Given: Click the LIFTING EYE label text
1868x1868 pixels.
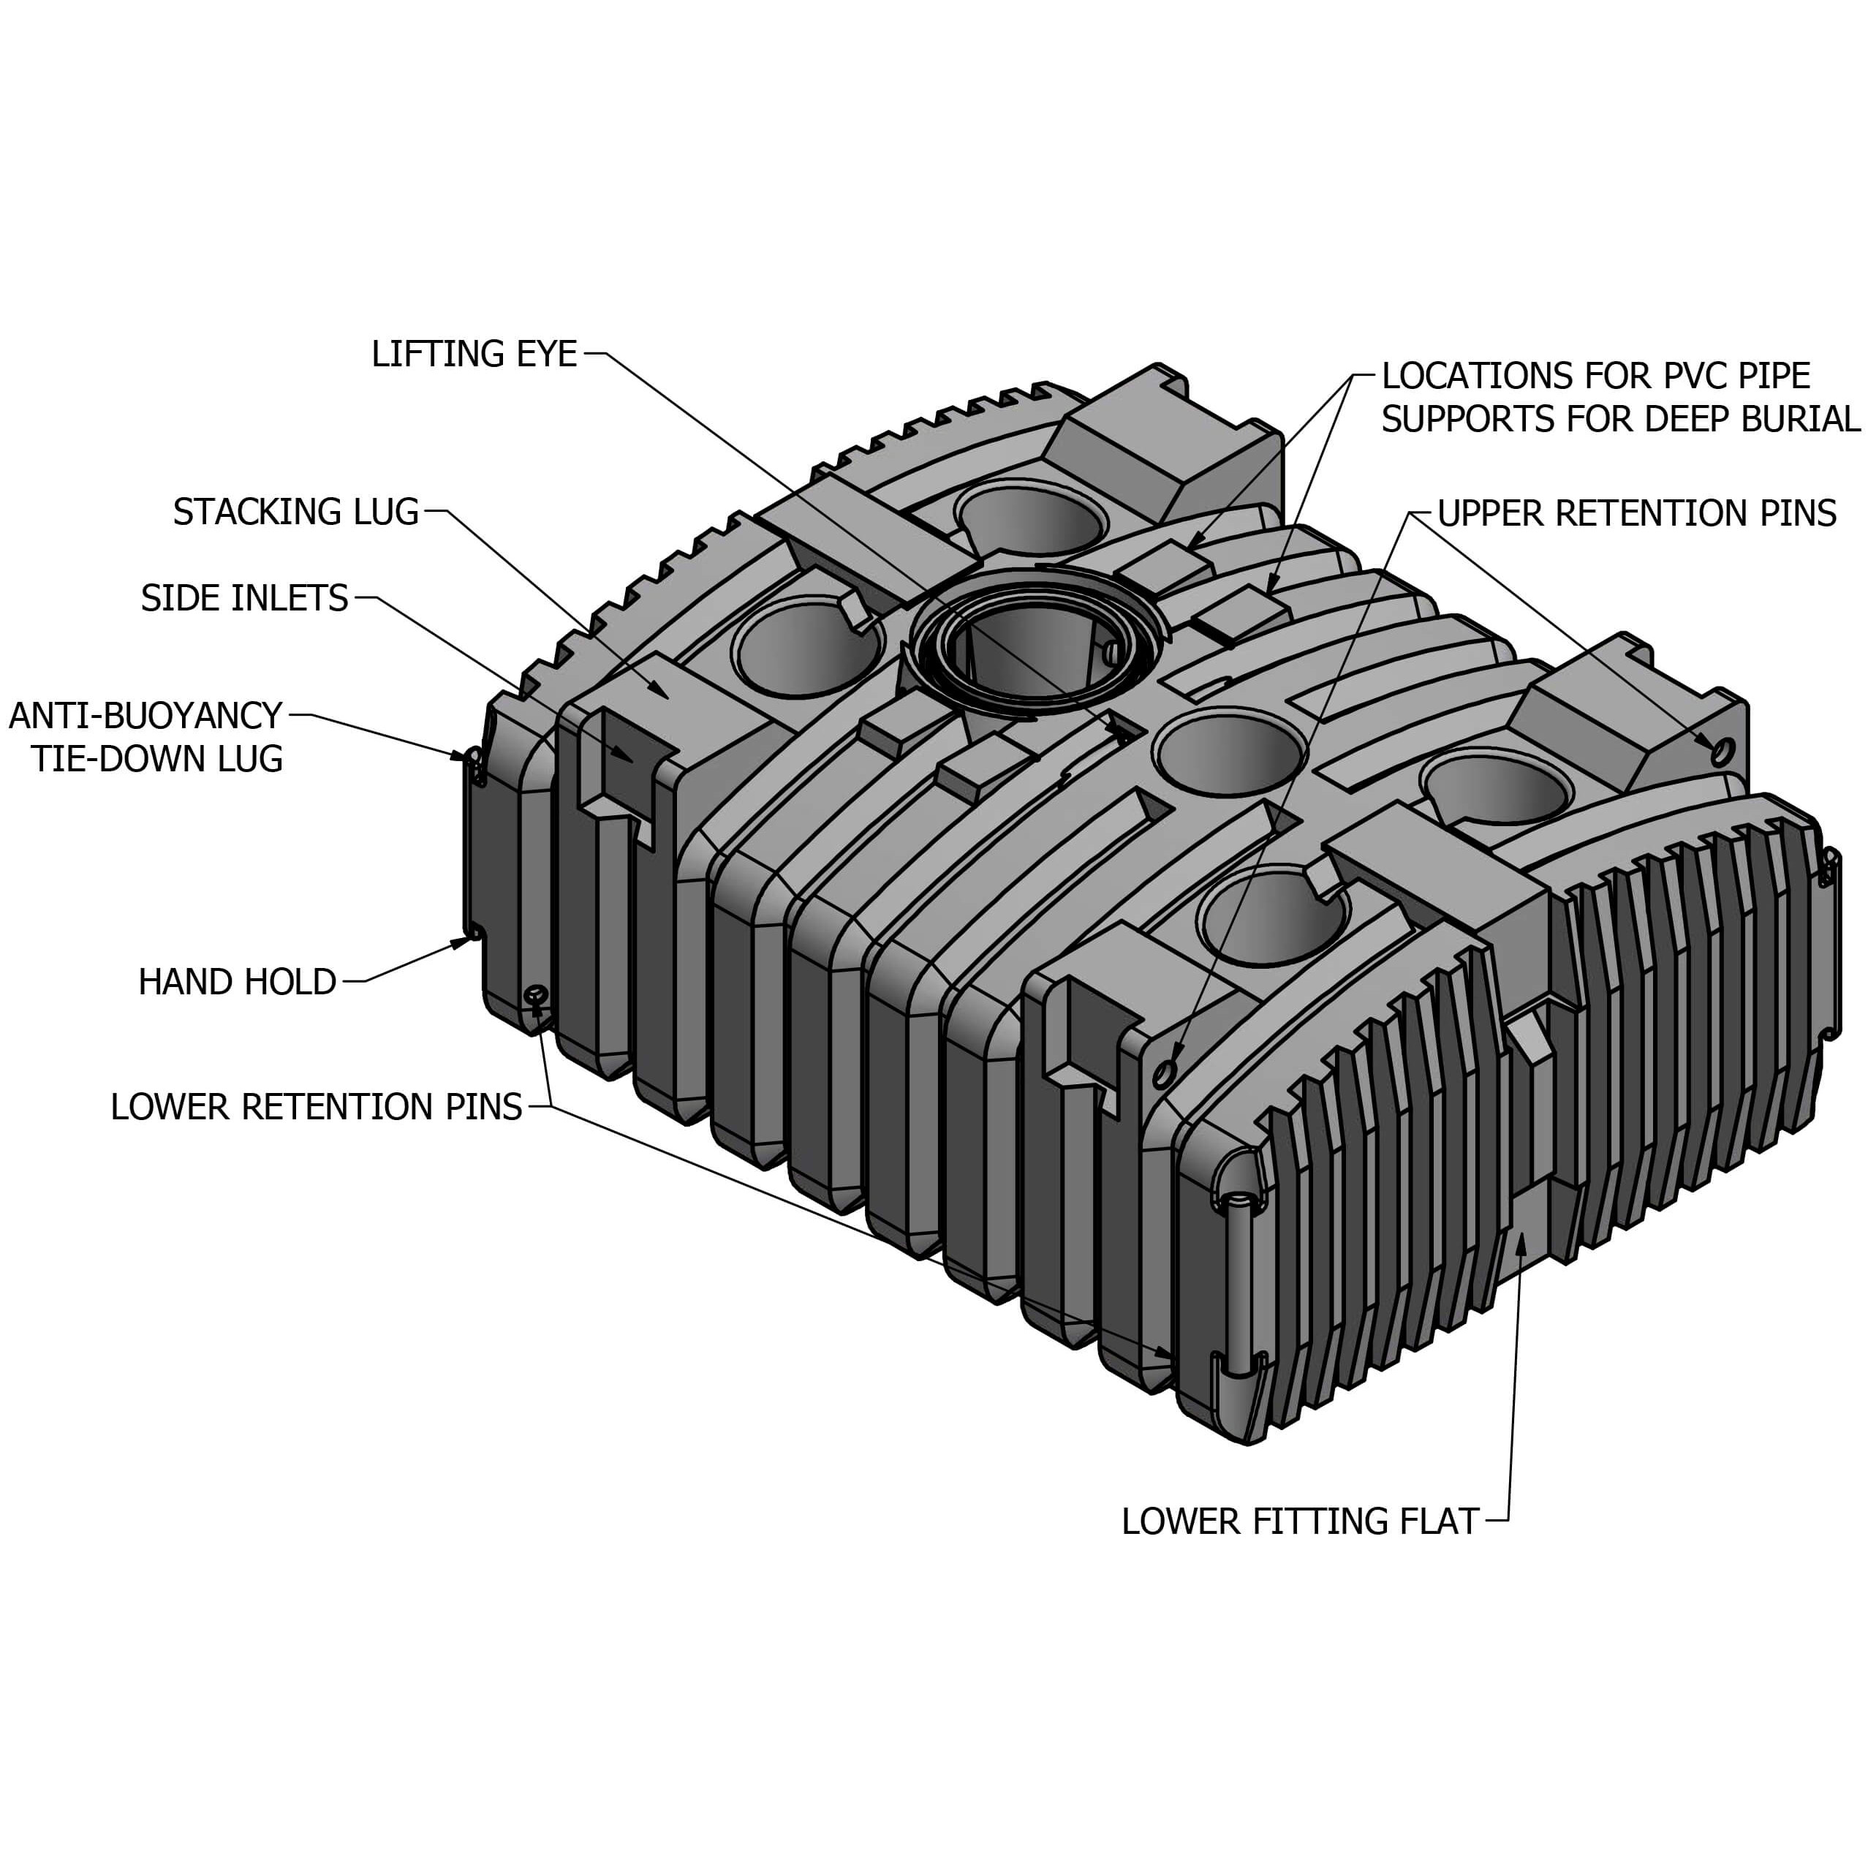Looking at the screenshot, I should click(x=474, y=354).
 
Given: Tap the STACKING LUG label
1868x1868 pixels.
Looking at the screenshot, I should click(x=296, y=512).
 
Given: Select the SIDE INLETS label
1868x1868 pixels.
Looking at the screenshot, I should click(x=245, y=599).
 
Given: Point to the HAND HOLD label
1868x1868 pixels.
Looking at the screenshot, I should click(x=237, y=983).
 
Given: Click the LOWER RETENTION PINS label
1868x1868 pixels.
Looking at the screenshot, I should click(x=316, y=1107).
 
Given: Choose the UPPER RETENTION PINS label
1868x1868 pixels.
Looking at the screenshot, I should click(x=1636, y=513).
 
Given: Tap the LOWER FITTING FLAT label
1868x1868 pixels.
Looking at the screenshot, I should click(x=1299, y=1522).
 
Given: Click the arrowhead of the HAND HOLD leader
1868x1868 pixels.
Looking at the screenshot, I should click(x=462, y=942).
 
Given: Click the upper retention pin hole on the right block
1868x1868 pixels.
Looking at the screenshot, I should click(x=1720, y=752).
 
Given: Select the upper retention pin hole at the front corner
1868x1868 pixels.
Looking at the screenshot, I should click(x=1165, y=1070).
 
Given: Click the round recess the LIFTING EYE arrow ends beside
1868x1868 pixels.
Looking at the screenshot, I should click(x=1228, y=752).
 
